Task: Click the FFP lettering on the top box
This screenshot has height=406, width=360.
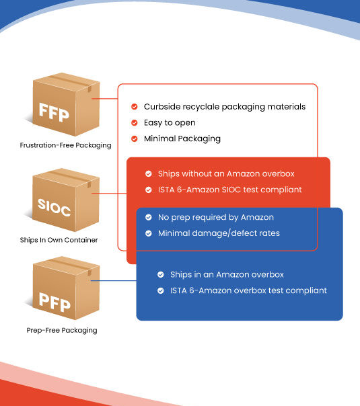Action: pyautogui.click(x=54, y=112)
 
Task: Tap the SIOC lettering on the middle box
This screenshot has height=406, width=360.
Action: pyautogui.click(x=54, y=208)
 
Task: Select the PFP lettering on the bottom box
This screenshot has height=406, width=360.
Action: pyautogui.click(x=55, y=302)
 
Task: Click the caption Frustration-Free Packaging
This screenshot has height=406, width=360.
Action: pyautogui.click(x=65, y=145)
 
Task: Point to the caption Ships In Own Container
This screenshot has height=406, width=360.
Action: pyautogui.click(x=59, y=240)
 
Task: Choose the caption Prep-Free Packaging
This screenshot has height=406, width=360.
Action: pyautogui.click(x=62, y=331)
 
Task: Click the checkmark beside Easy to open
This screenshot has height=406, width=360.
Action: pyautogui.click(x=135, y=123)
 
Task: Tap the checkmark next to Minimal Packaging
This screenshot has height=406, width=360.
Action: pyautogui.click(x=135, y=138)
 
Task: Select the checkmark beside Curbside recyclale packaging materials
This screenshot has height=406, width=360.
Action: pyautogui.click(x=135, y=107)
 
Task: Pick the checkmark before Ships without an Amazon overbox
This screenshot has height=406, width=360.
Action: pyautogui.click(x=149, y=173)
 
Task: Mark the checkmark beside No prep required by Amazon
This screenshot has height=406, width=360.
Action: pyautogui.click(x=149, y=217)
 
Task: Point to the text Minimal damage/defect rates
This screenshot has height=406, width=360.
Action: pyautogui.click(x=219, y=233)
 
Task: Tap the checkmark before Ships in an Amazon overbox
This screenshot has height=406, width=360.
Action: pyautogui.click(x=161, y=275)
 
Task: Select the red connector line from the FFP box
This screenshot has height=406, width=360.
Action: pyautogui.click(x=105, y=99)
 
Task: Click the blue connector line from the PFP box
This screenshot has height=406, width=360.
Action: pyautogui.click(x=114, y=281)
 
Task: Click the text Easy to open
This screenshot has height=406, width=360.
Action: pyautogui.click(x=170, y=123)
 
